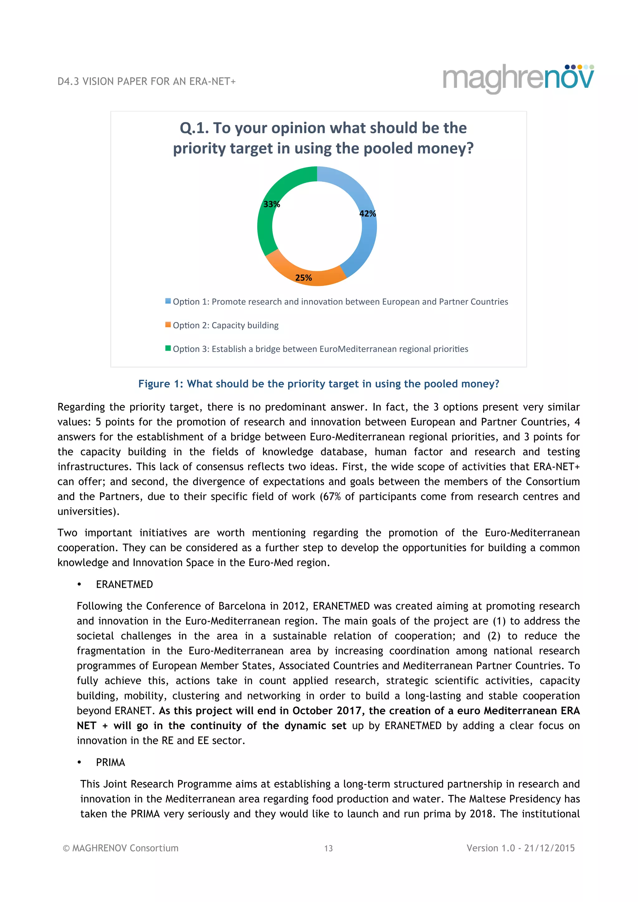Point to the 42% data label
[367, 214]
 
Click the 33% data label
[271, 204]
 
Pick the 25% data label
[303, 278]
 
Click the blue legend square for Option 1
[168, 301]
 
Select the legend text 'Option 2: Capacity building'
[226, 325]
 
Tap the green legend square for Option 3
[168, 349]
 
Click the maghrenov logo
[518, 78]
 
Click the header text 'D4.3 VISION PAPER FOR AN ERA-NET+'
[146, 82]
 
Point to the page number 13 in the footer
[328, 848]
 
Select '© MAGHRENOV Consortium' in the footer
[121, 848]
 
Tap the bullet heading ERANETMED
[124, 585]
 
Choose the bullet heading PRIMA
[110, 762]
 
